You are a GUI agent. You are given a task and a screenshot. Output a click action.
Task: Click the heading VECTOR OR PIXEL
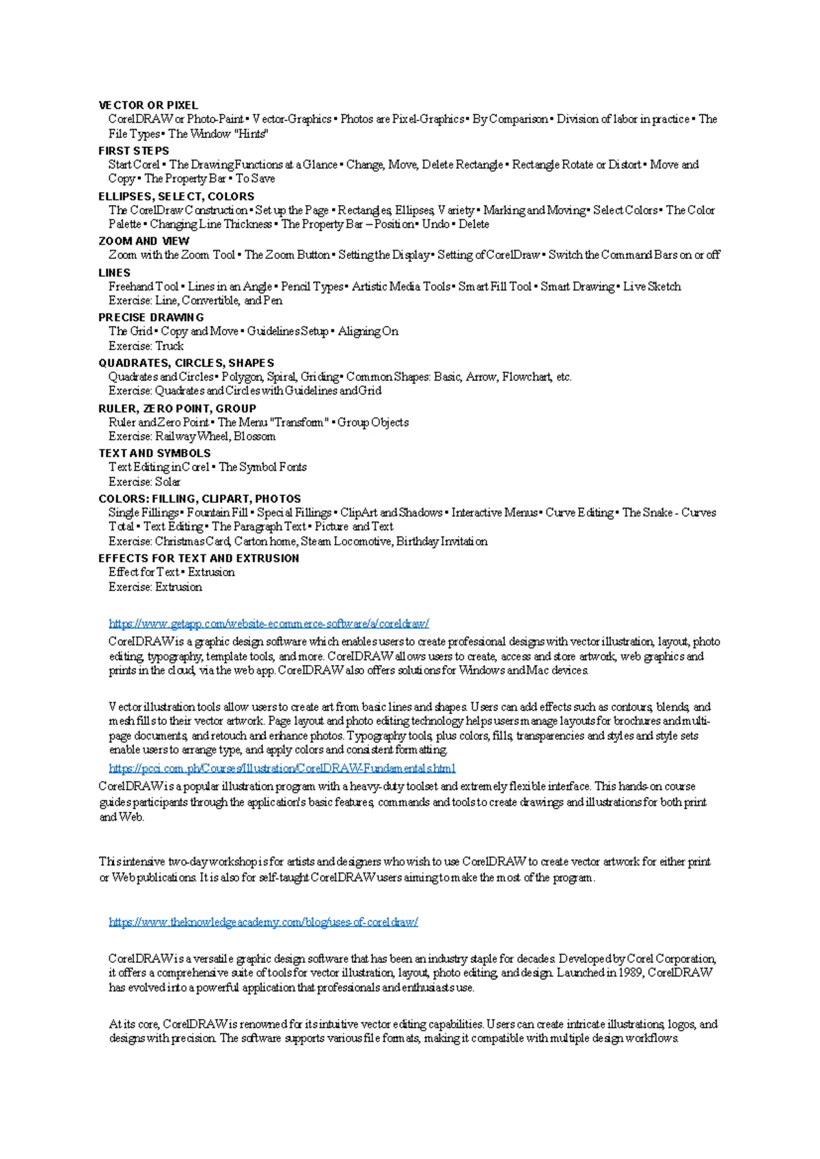[x=148, y=105]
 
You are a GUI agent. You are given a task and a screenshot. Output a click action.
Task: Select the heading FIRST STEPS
[x=134, y=151]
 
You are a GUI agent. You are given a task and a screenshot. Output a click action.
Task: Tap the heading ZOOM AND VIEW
[x=144, y=241]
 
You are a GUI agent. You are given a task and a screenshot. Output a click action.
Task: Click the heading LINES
[x=114, y=273]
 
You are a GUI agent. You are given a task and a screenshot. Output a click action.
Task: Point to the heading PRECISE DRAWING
[x=151, y=318]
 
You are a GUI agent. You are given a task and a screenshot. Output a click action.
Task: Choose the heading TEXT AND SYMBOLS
[x=154, y=453]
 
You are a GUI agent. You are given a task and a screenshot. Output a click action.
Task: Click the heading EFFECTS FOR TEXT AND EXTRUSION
[x=199, y=558]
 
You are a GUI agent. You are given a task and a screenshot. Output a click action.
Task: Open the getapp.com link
[x=269, y=623]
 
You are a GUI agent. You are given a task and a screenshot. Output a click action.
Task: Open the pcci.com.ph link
[x=282, y=768]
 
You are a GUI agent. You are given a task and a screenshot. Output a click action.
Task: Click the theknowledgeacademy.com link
[x=263, y=922]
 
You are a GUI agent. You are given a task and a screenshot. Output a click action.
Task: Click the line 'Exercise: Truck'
[x=146, y=346]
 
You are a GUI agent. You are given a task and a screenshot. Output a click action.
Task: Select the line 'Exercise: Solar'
[x=144, y=482]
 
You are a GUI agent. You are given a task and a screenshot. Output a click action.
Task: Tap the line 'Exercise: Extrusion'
[x=155, y=587]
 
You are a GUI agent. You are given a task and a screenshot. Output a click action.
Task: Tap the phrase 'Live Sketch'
[x=652, y=286]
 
